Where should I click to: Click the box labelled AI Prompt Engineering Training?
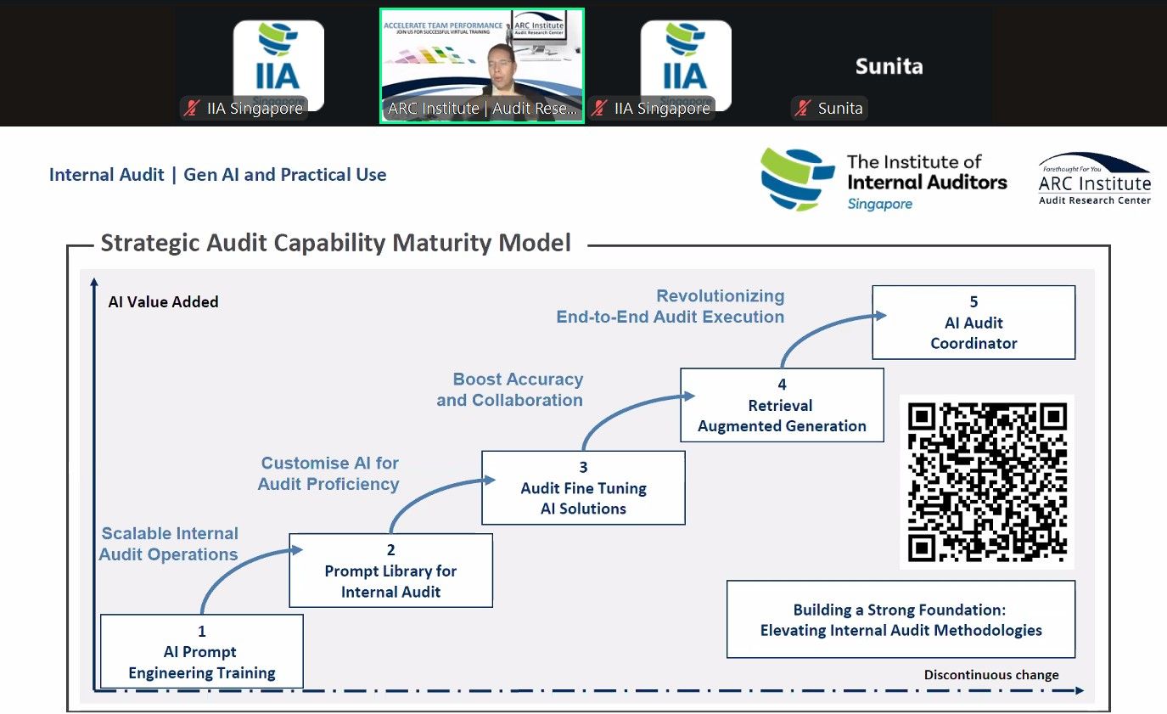(x=202, y=651)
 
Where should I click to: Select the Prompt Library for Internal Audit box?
(x=390, y=571)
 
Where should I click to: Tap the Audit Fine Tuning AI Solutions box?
(x=583, y=488)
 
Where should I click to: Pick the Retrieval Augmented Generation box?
(x=782, y=405)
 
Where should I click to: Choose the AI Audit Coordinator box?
(x=973, y=323)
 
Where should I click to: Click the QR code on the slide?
(x=986, y=481)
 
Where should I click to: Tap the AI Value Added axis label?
(x=163, y=301)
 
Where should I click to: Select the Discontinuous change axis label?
(x=991, y=675)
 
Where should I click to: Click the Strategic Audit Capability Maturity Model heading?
(x=336, y=243)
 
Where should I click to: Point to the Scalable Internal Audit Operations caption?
(x=169, y=544)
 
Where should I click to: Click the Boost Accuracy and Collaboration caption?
(x=510, y=390)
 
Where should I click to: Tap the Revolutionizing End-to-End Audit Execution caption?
(x=670, y=306)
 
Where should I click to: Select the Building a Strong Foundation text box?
(x=900, y=620)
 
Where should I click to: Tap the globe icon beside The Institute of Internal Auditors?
(x=797, y=178)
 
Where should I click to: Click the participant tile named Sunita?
(x=889, y=66)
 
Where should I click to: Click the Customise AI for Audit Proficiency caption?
(x=328, y=474)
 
